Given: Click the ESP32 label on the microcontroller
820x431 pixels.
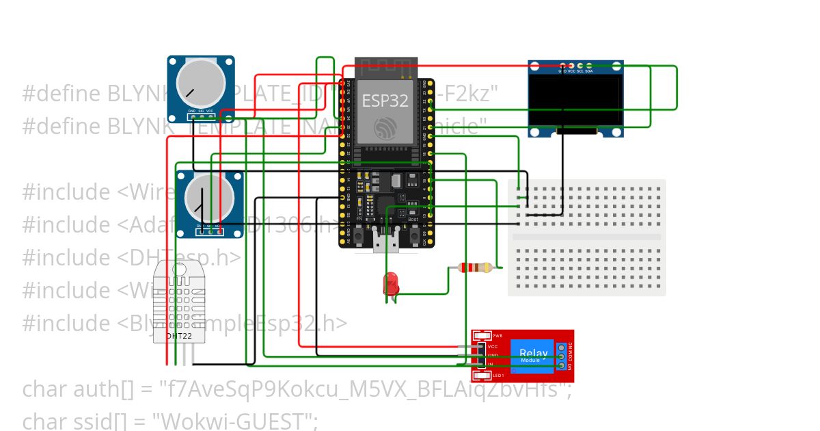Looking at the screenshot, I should click(x=385, y=101).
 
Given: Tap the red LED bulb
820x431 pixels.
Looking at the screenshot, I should click(x=391, y=283).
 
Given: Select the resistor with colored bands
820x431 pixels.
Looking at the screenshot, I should click(x=476, y=268).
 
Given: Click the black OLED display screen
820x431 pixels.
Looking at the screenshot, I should click(x=576, y=100).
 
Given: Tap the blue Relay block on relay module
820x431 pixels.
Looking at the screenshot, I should click(x=532, y=355).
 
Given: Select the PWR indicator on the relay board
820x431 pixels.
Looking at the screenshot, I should click(x=482, y=336).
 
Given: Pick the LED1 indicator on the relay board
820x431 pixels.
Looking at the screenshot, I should click(x=482, y=376).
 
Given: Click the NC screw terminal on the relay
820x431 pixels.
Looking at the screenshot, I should click(x=562, y=348).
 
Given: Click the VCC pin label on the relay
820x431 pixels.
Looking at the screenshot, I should click(x=493, y=347).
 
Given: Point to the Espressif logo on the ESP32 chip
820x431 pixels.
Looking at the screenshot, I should click(x=385, y=127).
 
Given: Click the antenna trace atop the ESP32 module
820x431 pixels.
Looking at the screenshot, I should click(x=386, y=66).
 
